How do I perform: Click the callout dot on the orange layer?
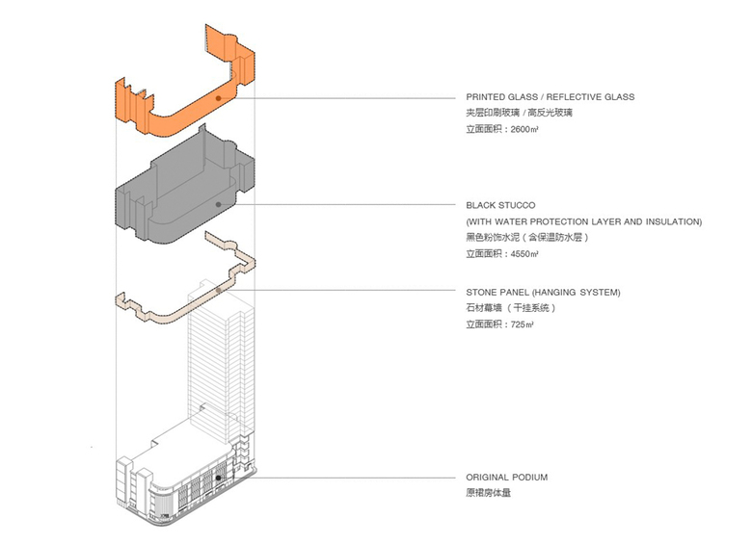click(x=219, y=97)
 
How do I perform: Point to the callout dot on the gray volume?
click(x=219, y=204)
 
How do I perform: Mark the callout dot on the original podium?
click(x=219, y=477)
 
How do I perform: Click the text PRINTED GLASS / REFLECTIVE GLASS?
click(x=550, y=97)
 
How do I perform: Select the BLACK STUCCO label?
click(x=500, y=206)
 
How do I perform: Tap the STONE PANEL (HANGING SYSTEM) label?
click(x=543, y=292)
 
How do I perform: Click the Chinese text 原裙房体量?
click(x=491, y=493)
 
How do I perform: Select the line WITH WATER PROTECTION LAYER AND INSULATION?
click(x=584, y=222)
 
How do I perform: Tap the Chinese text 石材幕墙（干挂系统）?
click(x=511, y=308)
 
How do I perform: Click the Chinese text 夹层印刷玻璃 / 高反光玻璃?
click(x=519, y=113)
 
